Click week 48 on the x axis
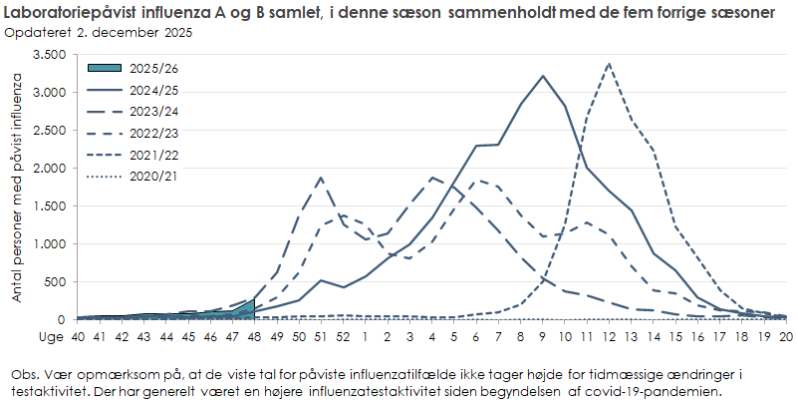tap(254, 336)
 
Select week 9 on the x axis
tap(543, 336)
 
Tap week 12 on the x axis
tap(609, 336)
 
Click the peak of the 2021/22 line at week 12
tap(609, 64)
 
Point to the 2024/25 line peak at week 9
tap(543, 76)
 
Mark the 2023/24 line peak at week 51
tap(321, 178)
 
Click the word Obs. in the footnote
tap(24, 372)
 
